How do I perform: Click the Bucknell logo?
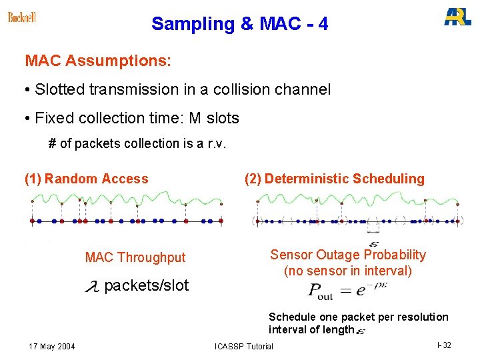[22, 17]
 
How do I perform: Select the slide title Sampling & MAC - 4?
[239, 24]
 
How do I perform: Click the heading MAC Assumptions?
[98, 61]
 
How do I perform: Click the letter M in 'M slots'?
[195, 119]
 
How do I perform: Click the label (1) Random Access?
[87, 179]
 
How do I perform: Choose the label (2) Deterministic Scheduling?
[334, 179]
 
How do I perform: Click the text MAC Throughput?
[135, 257]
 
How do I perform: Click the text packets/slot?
[147, 286]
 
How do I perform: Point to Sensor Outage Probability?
[347, 255]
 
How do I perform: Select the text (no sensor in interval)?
[347, 271]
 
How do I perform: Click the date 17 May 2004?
[52, 346]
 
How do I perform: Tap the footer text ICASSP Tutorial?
[244, 346]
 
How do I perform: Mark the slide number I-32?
[444, 345]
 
